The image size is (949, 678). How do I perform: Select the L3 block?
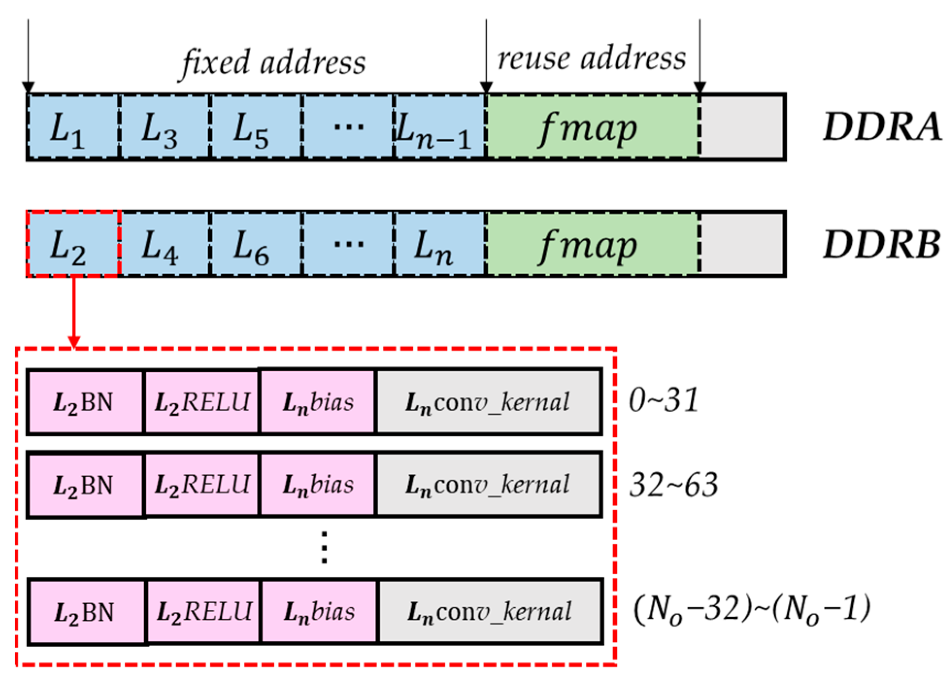click(x=164, y=127)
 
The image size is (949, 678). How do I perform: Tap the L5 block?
click(x=255, y=127)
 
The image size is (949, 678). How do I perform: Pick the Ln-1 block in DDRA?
click(x=439, y=127)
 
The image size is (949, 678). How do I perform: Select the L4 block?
click(x=164, y=244)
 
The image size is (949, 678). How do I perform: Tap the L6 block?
click(x=255, y=244)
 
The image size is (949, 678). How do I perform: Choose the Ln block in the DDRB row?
click(x=439, y=244)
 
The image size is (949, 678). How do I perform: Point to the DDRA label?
click(x=882, y=127)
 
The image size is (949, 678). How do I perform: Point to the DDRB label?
click(x=882, y=244)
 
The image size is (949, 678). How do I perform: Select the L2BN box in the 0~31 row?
click(x=85, y=402)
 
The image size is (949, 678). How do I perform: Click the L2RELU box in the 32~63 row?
click(x=201, y=485)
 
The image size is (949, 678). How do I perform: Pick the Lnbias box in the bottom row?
click(x=319, y=612)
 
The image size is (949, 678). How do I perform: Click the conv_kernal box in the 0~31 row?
click(x=488, y=402)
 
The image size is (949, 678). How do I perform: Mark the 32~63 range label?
click(x=673, y=485)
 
